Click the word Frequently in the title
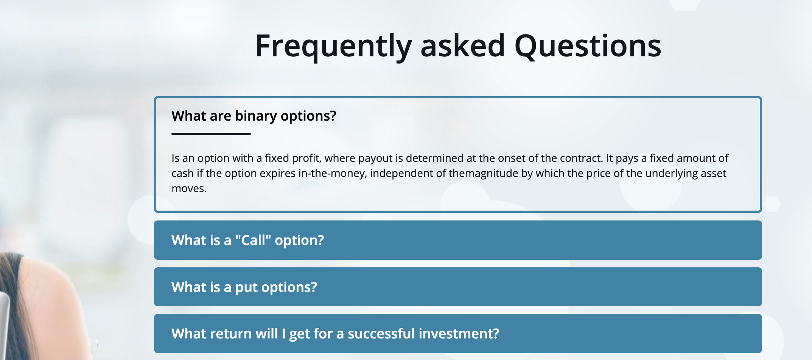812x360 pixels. click(x=333, y=47)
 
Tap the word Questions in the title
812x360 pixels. click(x=588, y=46)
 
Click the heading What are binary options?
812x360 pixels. click(x=254, y=116)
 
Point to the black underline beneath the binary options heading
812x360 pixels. click(x=211, y=133)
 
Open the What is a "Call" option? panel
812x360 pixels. click(x=458, y=240)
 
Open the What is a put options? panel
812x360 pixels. click(x=458, y=287)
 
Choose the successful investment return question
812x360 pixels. click(x=458, y=334)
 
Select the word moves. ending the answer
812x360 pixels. click(x=189, y=188)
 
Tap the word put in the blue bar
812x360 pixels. click(x=246, y=287)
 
